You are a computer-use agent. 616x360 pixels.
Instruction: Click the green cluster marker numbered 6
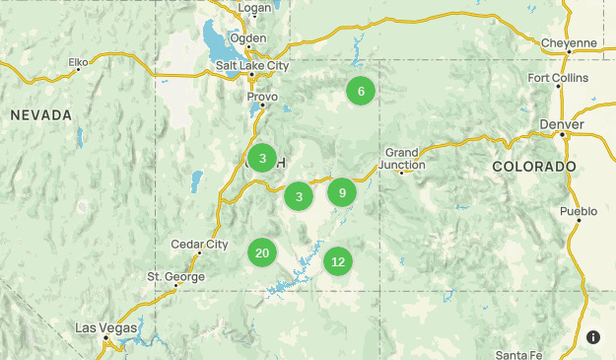tap(361, 92)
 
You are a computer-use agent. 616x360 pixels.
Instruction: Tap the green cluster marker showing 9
tap(341, 192)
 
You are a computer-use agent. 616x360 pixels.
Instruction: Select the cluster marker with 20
tap(262, 253)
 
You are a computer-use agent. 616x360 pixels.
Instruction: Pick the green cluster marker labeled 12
tap(338, 261)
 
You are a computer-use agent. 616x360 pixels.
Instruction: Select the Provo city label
tap(262, 97)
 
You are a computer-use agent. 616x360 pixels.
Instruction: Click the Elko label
tap(79, 62)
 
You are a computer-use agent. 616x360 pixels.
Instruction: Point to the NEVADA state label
tap(41, 115)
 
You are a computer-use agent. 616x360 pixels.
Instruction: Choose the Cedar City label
tap(199, 244)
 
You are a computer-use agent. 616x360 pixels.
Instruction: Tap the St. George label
tap(176, 276)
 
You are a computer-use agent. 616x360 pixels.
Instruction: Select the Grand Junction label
tap(404, 158)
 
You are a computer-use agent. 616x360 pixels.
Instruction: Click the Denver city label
tap(562, 124)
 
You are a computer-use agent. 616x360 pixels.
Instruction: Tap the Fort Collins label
tap(558, 77)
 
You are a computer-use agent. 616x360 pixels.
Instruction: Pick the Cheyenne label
tap(569, 42)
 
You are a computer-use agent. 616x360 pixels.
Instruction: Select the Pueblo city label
tap(579, 211)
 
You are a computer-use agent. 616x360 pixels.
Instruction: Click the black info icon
tap(593, 337)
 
